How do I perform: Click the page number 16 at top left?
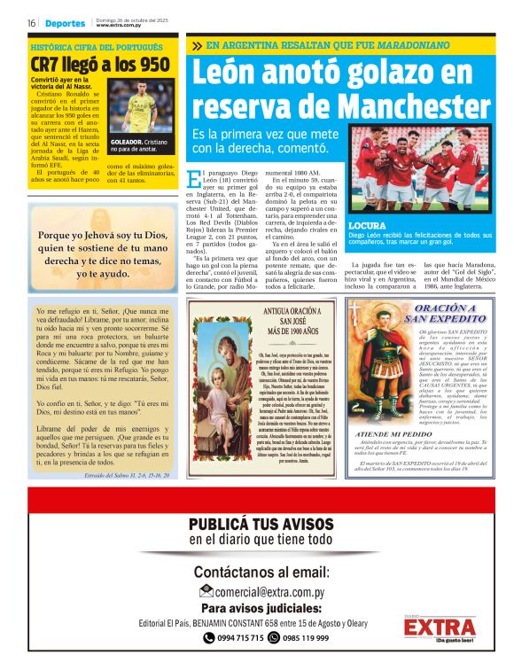[x=30, y=23]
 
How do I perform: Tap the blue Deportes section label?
[x=65, y=23]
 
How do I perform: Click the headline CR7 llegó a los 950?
[x=99, y=65]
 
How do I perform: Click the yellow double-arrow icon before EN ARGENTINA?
[x=195, y=45]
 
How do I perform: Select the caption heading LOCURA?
[x=367, y=226]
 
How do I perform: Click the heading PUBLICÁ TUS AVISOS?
[x=261, y=524]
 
